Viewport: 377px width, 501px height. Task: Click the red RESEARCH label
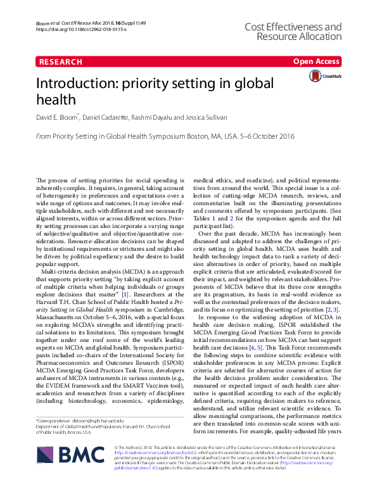coord(60,62)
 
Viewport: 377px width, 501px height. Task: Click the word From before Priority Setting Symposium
coord(42,136)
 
